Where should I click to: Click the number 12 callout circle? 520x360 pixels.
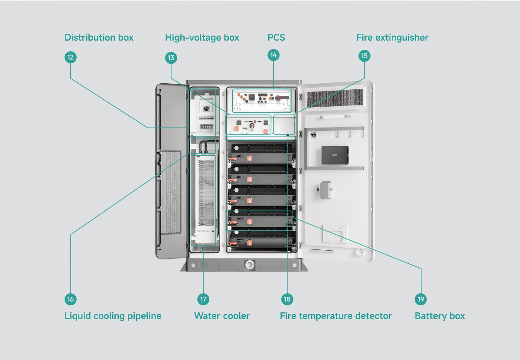[x=70, y=57]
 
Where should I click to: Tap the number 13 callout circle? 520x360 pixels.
[x=171, y=58]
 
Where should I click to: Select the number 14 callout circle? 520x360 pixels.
[x=273, y=55]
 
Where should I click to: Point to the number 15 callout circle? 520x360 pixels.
[x=364, y=56]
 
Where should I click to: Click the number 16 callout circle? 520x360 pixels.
[x=70, y=299]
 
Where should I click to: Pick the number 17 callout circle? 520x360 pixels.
[x=203, y=299]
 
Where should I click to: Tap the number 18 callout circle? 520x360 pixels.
[x=287, y=299]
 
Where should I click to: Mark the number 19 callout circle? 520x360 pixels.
[x=421, y=299]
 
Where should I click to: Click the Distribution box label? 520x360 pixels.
[x=99, y=38]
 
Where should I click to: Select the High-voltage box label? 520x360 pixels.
[x=202, y=38]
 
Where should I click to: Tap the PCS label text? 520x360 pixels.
[x=276, y=38]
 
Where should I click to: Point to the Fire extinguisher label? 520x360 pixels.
[x=392, y=38]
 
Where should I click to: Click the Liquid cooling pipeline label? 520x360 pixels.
[x=113, y=316]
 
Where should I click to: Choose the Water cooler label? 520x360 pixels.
[x=222, y=316]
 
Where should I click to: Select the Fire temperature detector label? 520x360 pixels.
[x=336, y=316]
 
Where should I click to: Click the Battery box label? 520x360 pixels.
[x=439, y=316]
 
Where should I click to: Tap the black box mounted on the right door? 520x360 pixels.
[x=335, y=155]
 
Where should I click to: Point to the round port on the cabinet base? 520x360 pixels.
[x=250, y=264]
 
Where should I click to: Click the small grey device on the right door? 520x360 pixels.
[x=325, y=190]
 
